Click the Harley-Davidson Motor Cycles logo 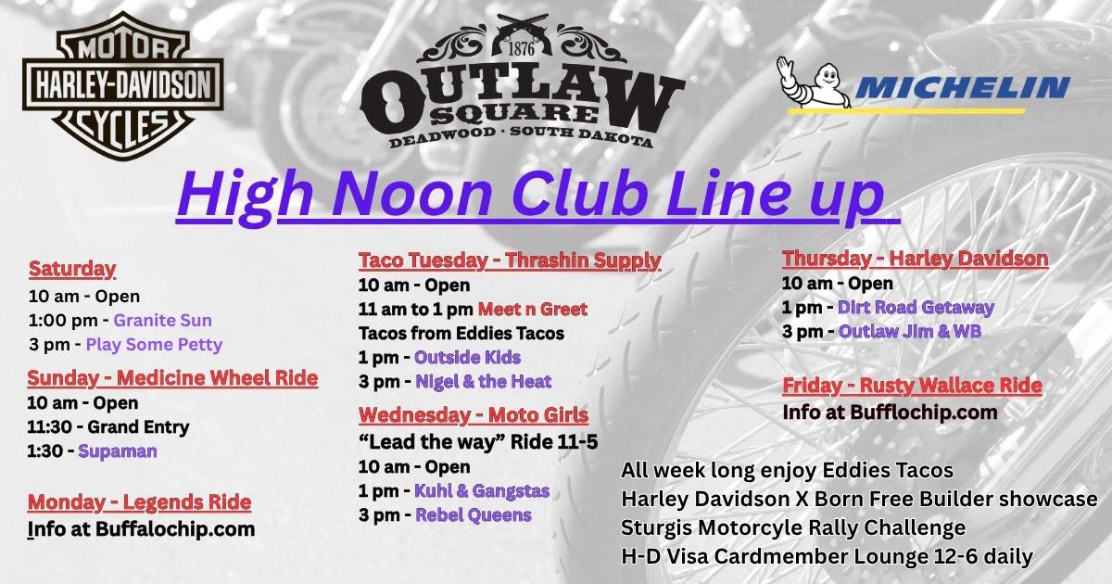[x=122, y=85]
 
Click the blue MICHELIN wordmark [x=962, y=88]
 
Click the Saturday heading [x=72, y=269]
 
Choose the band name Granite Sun [x=163, y=321]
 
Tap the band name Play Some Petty [x=154, y=345]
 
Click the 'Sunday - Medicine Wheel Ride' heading [x=172, y=378]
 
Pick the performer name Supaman [x=118, y=451]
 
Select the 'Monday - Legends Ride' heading [x=139, y=502]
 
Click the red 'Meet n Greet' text [x=533, y=310]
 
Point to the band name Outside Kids [x=468, y=357]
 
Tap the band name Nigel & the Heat [x=483, y=381]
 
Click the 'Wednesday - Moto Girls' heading [x=474, y=414]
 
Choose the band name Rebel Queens [x=474, y=515]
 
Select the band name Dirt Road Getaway [x=916, y=308]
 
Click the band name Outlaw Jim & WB [x=910, y=331]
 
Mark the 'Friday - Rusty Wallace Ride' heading [x=912, y=385]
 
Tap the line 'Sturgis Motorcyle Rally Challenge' [x=793, y=527]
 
